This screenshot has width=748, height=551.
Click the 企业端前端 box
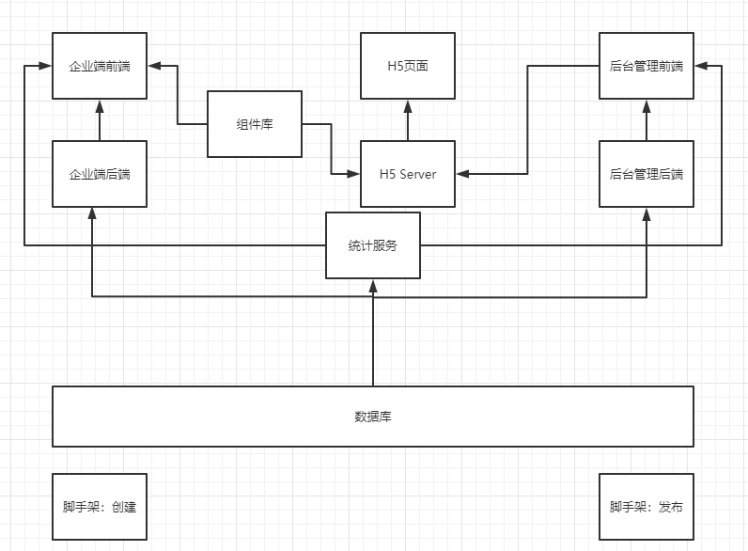point(100,66)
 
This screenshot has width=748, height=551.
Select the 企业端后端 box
point(100,174)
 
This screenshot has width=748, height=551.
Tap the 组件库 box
point(254,124)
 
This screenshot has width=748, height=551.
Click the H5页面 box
point(408,66)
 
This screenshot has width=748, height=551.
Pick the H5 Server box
point(408,174)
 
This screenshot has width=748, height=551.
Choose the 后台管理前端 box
point(647,66)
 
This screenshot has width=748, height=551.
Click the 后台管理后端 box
point(647,174)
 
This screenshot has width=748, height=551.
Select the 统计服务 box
point(373,245)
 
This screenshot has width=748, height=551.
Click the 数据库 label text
point(373,417)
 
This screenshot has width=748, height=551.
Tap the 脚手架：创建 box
point(100,507)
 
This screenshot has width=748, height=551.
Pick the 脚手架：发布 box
point(647,507)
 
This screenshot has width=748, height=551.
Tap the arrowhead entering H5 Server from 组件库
point(354,174)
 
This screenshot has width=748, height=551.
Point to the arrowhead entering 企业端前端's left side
point(45,66)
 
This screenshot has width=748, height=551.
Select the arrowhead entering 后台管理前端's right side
point(701,66)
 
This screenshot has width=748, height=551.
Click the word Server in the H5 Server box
point(418,174)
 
